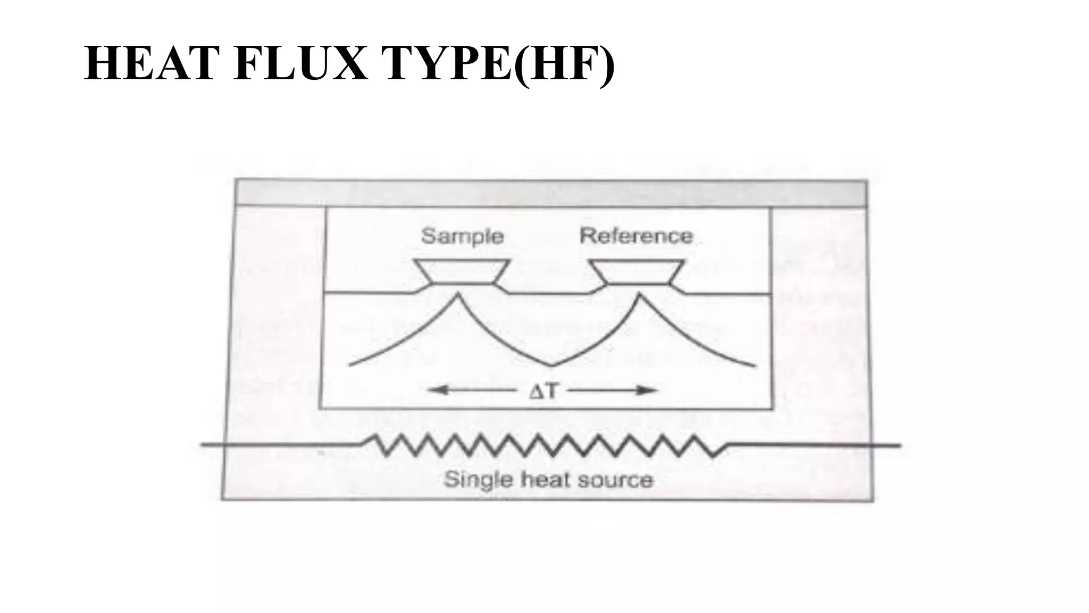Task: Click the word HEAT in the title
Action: [152, 64]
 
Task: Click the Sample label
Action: [462, 236]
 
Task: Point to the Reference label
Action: [636, 235]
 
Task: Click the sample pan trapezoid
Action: [462, 271]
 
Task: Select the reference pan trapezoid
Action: [637, 271]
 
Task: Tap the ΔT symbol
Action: [543, 391]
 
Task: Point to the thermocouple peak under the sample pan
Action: [457, 294]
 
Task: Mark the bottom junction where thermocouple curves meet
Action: [551, 366]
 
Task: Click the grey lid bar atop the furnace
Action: [551, 193]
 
